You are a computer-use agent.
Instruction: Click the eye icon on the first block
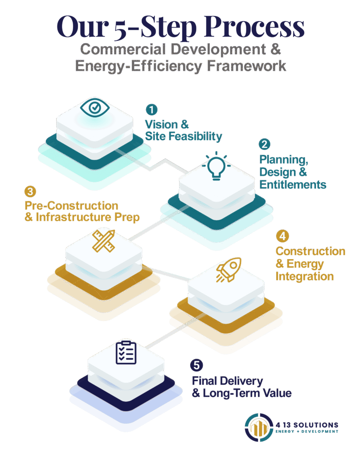click(x=94, y=107)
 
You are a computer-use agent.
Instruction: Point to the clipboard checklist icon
click(x=126, y=352)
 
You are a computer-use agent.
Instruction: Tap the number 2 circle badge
click(x=265, y=144)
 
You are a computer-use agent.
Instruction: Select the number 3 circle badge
click(x=30, y=191)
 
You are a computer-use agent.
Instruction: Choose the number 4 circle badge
click(x=281, y=235)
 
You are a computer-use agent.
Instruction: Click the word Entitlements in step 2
click(x=293, y=184)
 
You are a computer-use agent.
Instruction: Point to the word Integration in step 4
click(x=304, y=276)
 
